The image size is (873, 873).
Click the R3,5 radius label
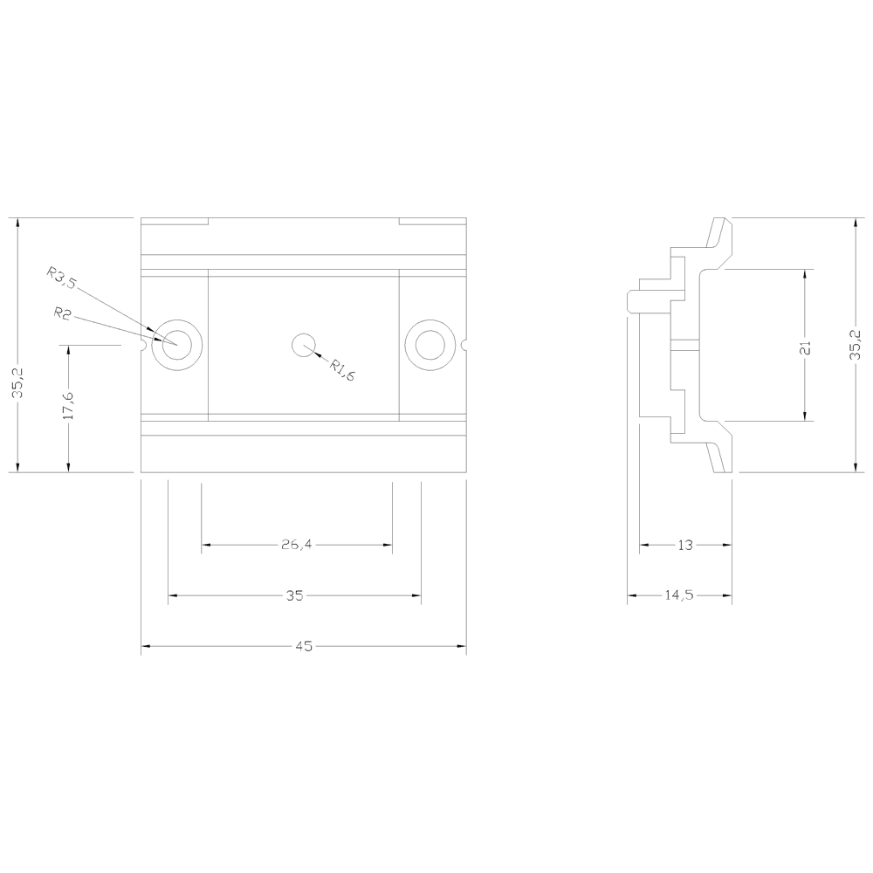point(63,278)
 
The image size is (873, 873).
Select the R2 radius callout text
point(61,313)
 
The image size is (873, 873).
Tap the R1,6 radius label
point(341,369)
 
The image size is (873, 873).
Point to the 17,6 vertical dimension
point(69,406)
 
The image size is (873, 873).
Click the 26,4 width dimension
point(297,546)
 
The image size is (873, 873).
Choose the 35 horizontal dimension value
point(294,596)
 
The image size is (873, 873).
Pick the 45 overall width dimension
point(303,647)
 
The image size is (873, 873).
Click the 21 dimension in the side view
point(806,347)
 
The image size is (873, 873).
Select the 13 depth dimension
point(684,546)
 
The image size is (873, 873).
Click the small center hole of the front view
point(303,345)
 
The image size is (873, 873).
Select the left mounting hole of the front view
point(177,345)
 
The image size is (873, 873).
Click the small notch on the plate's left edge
point(142,345)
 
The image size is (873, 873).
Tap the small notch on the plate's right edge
point(464,345)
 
